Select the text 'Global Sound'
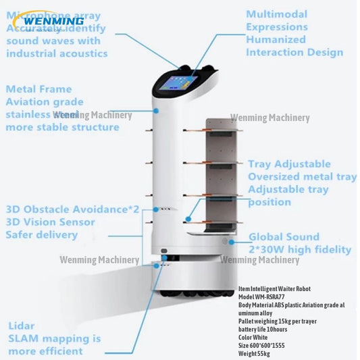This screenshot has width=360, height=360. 284,237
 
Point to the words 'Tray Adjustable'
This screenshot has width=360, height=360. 289,164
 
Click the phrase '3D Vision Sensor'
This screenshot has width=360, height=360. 49,222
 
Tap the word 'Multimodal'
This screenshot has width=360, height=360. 276,14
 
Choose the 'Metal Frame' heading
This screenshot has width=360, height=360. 39,89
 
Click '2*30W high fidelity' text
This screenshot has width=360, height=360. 300,250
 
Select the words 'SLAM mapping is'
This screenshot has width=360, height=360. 54,338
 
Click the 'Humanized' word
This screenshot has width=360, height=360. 276,40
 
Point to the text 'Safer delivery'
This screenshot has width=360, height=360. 42,235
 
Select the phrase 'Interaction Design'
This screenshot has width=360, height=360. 294,53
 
